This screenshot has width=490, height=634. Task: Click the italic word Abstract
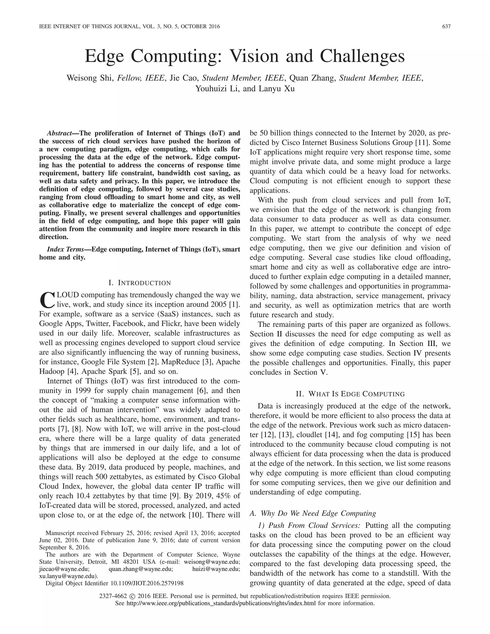point(59,133)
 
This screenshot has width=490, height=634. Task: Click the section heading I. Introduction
point(140,283)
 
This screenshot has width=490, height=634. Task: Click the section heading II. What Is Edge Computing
point(350,394)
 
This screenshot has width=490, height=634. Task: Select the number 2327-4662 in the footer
point(113,596)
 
